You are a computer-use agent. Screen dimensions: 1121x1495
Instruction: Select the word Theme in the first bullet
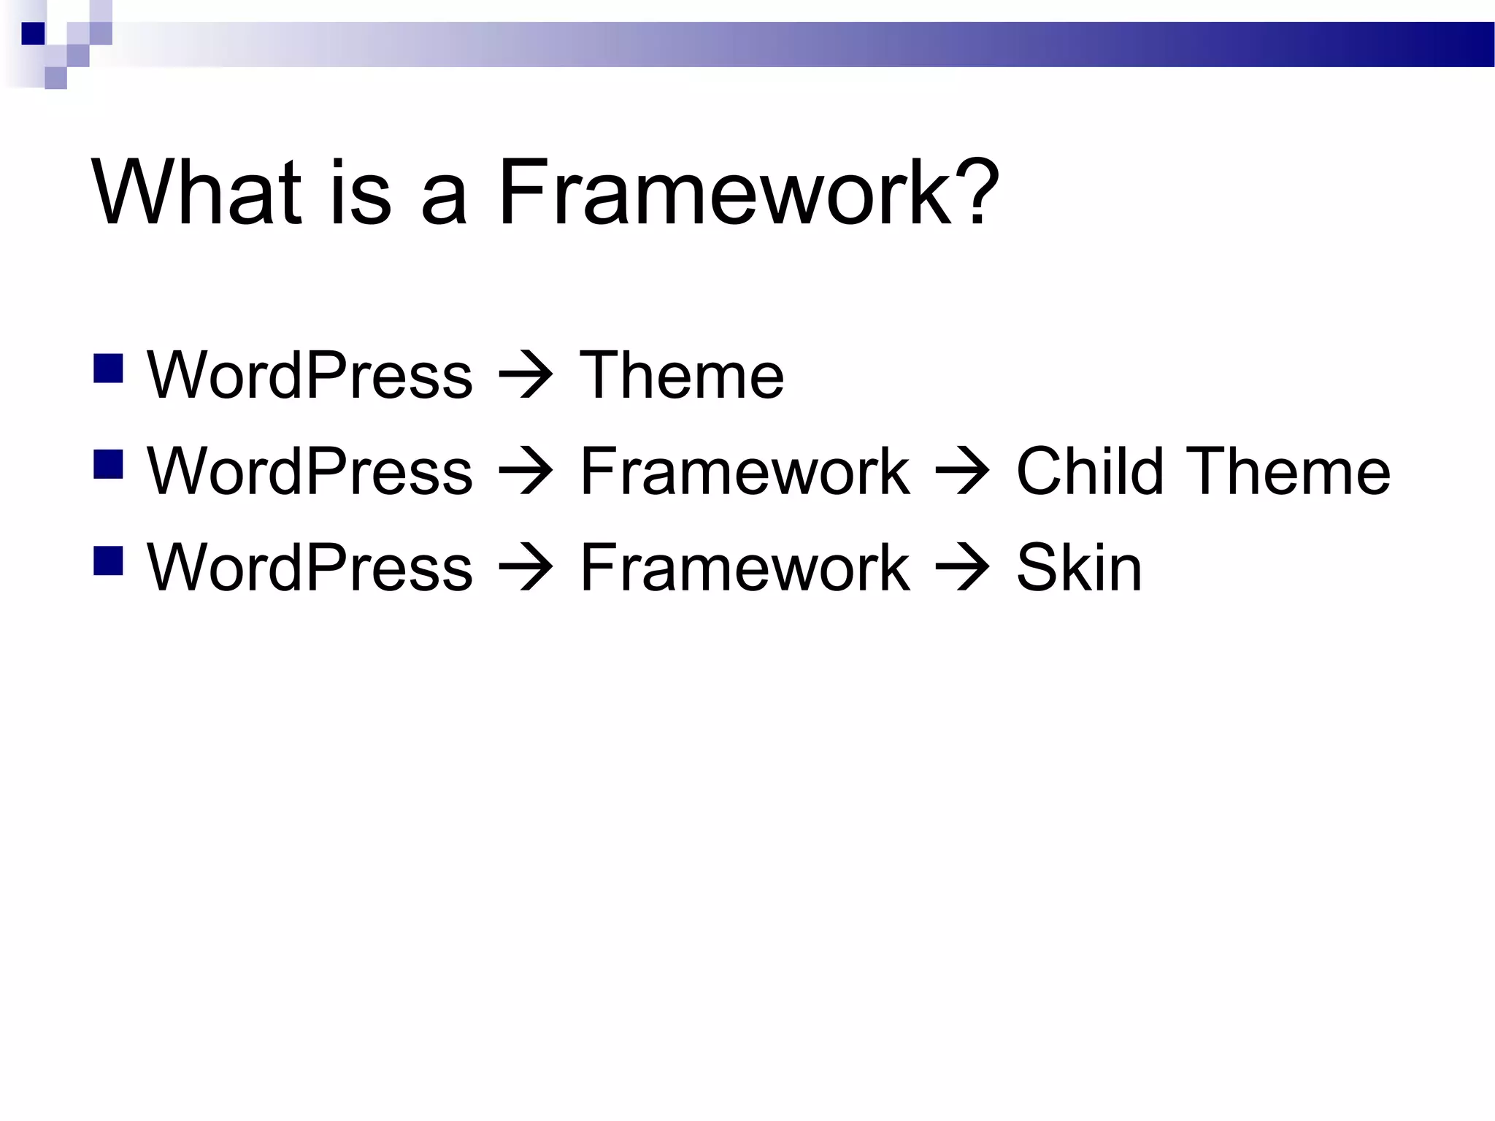coord(681,375)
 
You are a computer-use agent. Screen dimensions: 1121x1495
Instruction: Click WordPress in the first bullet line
coord(310,375)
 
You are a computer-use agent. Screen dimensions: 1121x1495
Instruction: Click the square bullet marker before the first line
coord(108,369)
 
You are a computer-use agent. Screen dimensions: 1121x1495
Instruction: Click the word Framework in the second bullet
coord(745,471)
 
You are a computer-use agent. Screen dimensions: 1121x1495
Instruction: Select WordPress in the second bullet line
coord(310,471)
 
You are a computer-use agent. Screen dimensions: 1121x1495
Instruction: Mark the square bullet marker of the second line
coord(108,465)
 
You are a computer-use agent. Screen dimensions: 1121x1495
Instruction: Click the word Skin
coord(1079,567)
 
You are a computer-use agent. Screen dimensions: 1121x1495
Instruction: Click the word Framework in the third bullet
coord(745,567)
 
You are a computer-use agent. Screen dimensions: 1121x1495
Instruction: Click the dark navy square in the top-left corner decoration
coord(33,34)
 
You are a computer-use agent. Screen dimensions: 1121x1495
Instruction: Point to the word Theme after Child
coord(1288,471)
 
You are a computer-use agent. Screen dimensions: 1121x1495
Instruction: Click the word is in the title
coord(360,193)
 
